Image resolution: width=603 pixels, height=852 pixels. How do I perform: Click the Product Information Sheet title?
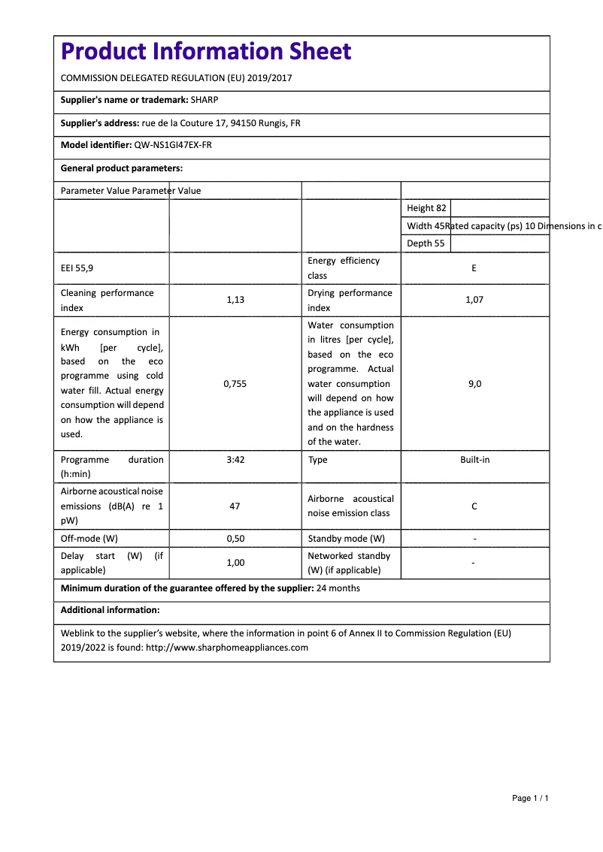tap(205, 51)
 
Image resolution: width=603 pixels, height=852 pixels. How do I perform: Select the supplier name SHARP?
tap(205, 100)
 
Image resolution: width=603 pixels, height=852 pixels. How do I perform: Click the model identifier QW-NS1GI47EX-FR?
tap(173, 145)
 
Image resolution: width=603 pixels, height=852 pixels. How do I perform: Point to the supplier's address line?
tap(180, 123)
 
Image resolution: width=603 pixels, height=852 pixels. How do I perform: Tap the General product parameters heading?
tap(122, 168)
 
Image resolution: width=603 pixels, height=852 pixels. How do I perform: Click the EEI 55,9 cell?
tap(77, 267)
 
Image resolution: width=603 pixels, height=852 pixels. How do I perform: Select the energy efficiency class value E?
tap(474, 268)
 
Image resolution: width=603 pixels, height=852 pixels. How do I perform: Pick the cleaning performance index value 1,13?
tap(235, 300)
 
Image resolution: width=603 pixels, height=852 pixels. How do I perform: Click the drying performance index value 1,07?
tap(474, 300)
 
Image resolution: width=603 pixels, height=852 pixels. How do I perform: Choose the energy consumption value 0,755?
tap(235, 383)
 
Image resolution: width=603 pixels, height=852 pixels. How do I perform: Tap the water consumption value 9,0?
tap(474, 383)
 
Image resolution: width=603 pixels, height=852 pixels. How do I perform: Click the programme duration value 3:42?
tap(235, 459)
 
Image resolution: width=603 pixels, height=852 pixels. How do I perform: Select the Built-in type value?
tap(474, 459)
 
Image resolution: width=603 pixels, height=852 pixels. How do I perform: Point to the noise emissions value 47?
tap(235, 506)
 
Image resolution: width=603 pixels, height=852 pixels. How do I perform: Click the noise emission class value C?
tap(474, 506)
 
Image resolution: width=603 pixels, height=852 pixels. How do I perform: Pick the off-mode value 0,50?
tap(235, 539)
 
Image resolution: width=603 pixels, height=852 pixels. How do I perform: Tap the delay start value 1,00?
tap(235, 562)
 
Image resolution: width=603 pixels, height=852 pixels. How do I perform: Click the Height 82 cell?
tap(426, 208)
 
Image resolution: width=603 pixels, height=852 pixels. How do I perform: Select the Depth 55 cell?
tap(426, 243)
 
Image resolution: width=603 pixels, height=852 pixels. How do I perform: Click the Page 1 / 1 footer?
tap(530, 798)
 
